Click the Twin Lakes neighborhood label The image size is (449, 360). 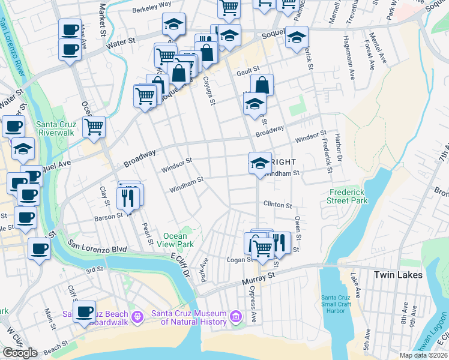point(398,275)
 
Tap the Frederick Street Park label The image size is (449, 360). point(348,197)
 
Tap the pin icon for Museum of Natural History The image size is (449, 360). point(236,316)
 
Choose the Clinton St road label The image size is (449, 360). point(277,205)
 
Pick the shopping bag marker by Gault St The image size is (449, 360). point(262,85)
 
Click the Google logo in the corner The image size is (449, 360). point(20,353)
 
